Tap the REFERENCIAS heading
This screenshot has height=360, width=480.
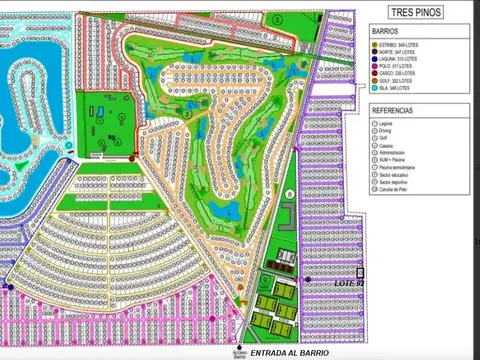pos(393,109)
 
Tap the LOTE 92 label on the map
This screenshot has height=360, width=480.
pos(348,283)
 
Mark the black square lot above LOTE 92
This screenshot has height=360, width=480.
pos(360,271)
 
